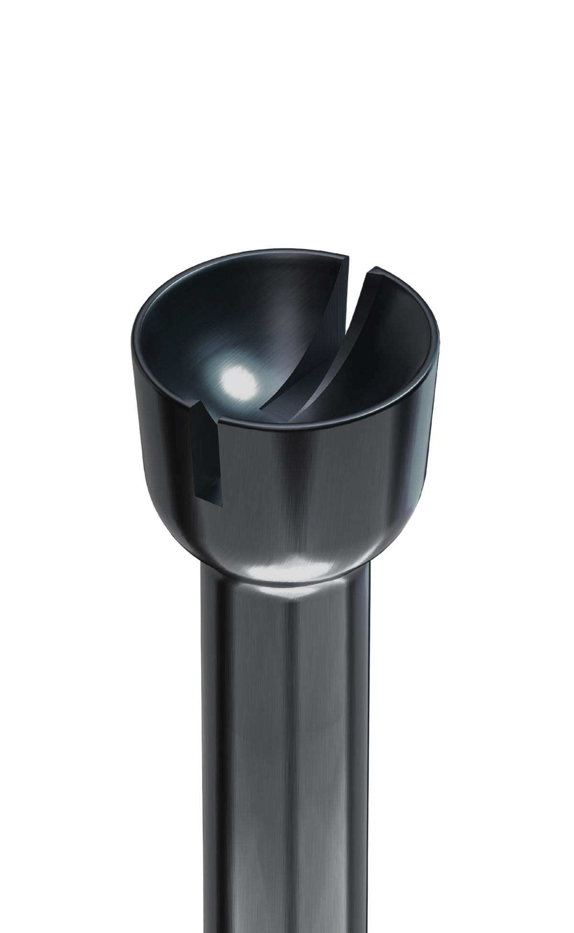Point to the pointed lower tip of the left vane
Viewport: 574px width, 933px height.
coord(263,408)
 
